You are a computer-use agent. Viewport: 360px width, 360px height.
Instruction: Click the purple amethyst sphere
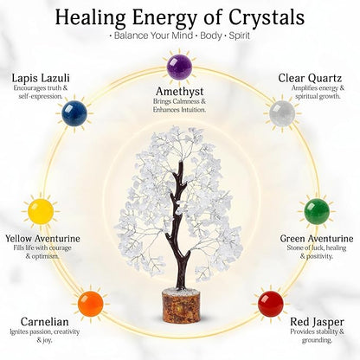point(180,67)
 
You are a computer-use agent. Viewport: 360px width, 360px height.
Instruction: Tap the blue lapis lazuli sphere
point(74,113)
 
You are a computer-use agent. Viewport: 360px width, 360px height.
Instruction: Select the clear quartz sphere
point(282,113)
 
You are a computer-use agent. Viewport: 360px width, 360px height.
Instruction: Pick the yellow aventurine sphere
point(41,211)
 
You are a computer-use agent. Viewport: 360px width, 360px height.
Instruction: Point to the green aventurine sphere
point(317,211)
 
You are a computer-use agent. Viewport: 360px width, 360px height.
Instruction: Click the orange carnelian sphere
point(91,304)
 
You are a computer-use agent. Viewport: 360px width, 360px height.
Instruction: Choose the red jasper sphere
point(271,304)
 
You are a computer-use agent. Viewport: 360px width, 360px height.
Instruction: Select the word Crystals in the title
point(267,17)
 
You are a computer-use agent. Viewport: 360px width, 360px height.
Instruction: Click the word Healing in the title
point(90,18)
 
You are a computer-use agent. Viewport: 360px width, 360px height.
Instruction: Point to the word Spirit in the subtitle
point(239,35)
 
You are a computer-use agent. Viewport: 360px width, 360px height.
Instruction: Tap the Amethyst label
point(180,92)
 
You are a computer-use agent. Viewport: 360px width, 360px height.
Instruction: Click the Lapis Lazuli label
point(41,78)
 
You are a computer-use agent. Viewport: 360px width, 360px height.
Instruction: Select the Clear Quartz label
point(310,78)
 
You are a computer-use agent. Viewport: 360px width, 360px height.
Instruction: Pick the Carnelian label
point(45,322)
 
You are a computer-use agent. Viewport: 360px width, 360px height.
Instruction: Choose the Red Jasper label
point(317,322)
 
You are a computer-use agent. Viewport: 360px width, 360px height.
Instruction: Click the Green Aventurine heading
point(317,239)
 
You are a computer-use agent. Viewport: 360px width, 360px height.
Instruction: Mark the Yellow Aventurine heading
point(42,239)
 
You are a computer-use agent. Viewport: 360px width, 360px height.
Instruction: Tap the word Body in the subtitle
point(211,36)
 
